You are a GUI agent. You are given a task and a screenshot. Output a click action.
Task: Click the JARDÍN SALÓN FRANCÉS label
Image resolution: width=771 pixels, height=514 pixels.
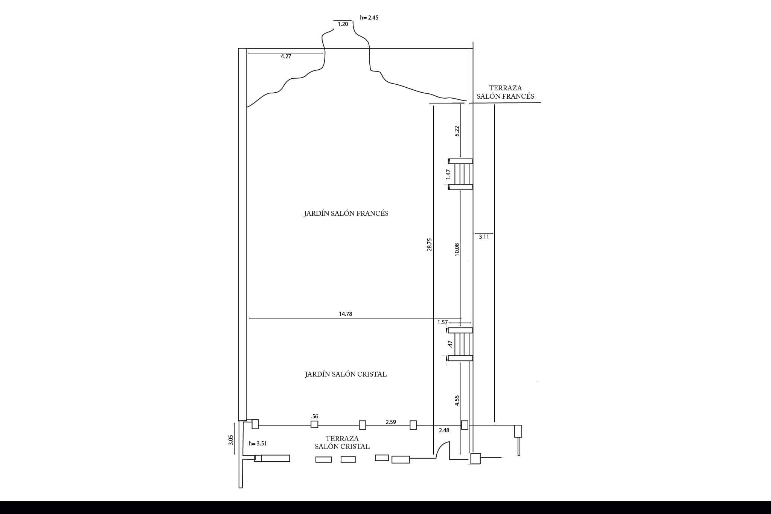point(346,213)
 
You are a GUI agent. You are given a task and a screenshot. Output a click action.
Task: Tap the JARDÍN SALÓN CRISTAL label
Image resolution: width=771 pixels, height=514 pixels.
point(346,374)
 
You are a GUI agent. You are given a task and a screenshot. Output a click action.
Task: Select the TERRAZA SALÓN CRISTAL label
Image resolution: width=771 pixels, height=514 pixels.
point(342,442)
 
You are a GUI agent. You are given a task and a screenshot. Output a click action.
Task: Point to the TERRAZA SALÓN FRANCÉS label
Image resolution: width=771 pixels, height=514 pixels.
point(505,92)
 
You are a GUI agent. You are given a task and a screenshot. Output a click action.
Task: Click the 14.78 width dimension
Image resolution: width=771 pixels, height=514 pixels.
point(345,314)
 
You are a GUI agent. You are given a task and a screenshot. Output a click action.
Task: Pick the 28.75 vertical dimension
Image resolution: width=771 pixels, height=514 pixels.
point(430,245)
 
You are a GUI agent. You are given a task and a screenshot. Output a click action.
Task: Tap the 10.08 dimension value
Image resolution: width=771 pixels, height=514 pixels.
point(457,250)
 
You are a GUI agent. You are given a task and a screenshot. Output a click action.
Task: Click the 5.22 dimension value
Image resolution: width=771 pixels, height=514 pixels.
point(457,131)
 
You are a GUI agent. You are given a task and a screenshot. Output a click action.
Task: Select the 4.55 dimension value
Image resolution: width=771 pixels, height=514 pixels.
point(457,400)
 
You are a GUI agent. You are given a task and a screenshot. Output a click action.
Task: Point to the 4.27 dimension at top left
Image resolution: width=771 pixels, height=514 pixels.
point(286,56)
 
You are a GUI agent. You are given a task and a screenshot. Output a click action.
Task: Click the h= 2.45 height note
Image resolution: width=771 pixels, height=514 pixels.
point(369,18)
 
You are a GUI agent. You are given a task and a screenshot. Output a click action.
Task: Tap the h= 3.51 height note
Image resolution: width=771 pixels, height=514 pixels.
point(258,444)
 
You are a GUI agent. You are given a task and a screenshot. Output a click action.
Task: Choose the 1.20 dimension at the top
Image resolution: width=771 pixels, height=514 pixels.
point(343,24)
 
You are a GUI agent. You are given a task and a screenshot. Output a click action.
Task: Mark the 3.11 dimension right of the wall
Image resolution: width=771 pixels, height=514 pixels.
point(484,237)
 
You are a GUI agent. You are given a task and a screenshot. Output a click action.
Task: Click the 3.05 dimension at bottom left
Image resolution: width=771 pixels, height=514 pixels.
point(231,440)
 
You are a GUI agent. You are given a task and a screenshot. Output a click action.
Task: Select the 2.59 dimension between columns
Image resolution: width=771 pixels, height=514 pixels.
point(391,422)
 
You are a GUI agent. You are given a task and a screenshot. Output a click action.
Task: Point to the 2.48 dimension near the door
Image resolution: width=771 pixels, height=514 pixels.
point(444,430)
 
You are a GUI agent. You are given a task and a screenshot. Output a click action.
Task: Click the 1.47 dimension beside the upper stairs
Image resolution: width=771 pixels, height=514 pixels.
point(448,174)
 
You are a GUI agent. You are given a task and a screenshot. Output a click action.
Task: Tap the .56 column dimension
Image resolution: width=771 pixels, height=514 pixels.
point(315,416)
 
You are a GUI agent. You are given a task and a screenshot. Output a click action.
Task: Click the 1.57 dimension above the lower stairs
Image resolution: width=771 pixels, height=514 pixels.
point(443,322)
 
